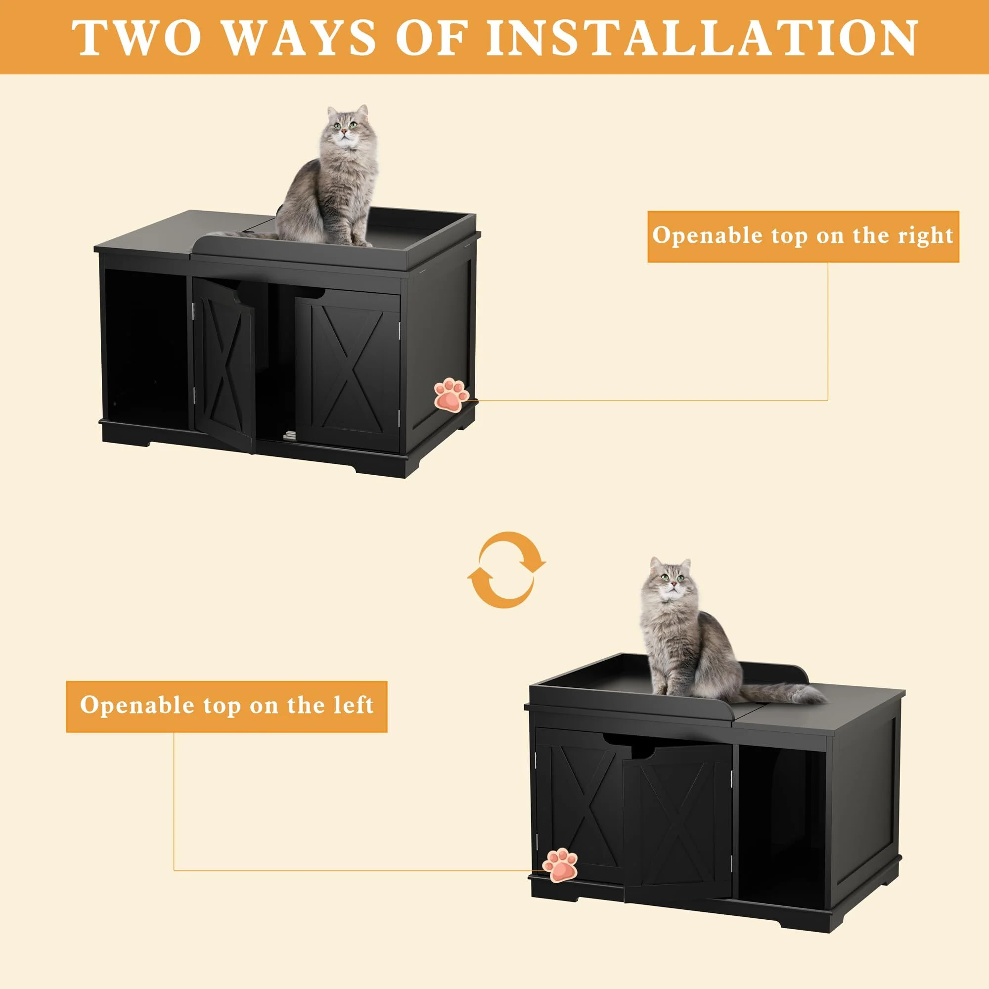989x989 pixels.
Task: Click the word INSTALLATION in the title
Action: [701, 39]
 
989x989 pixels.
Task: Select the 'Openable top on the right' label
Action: [803, 236]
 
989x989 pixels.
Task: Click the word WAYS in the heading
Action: [300, 39]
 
